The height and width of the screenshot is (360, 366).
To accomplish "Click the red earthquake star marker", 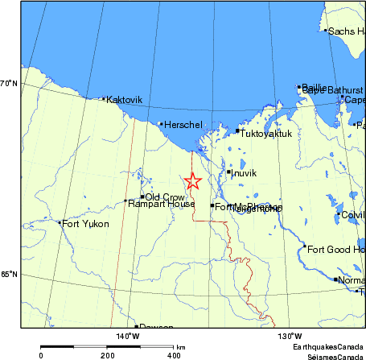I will [x=192, y=181].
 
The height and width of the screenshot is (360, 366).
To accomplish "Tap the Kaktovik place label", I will [x=124, y=100].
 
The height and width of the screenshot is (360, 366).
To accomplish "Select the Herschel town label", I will [x=182, y=125].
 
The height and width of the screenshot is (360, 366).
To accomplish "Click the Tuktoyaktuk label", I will [x=266, y=134].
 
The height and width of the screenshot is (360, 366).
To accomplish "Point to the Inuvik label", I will [x=243, y=173].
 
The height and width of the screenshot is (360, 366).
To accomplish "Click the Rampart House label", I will [x=161, y=205].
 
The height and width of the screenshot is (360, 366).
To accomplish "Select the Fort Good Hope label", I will [x=336, y=249].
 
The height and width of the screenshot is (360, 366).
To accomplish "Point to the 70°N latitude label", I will [x=9, y=83].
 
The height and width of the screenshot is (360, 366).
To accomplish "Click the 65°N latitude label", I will [x=9, y=275].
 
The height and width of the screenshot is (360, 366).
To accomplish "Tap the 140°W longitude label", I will [x=126, y=336].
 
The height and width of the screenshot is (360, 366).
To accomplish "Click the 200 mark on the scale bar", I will [x=107, y=354].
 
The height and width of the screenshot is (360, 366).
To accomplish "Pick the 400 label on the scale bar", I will [x=173, y=354].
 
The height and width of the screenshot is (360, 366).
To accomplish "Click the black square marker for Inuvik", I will [x=228, y=172].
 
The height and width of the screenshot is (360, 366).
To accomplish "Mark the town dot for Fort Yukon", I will [x=60, y=223].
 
